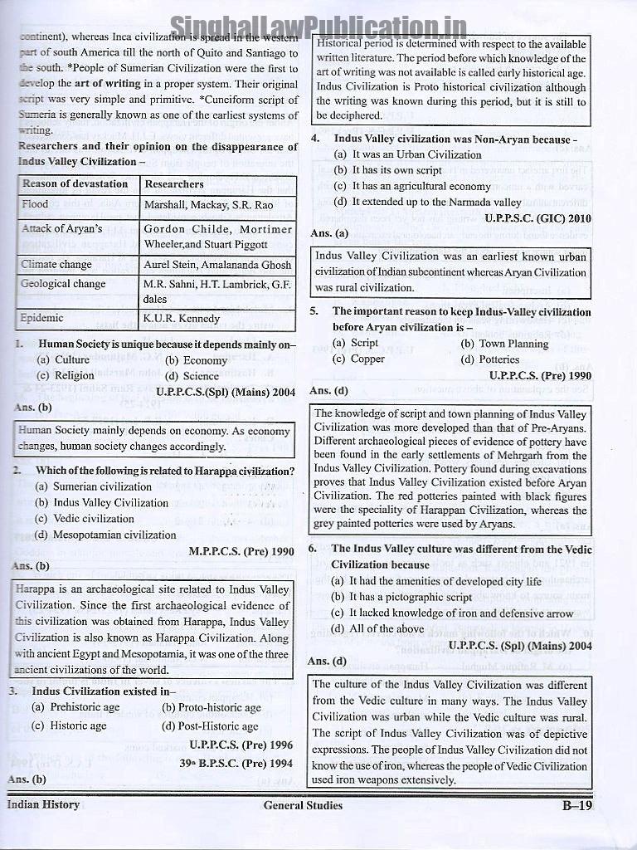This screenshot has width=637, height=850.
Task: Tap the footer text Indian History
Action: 44,804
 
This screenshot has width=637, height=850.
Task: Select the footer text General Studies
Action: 303,804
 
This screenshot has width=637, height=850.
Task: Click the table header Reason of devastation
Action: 75,183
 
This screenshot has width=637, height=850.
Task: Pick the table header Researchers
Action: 174,183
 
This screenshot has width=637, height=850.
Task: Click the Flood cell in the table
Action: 36,204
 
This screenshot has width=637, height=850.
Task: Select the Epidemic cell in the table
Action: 43,318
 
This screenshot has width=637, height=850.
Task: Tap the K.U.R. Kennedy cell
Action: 182,318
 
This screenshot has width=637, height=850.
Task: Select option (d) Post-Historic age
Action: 211,725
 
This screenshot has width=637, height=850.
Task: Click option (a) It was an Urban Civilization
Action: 407,154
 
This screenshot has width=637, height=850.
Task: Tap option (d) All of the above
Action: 377,628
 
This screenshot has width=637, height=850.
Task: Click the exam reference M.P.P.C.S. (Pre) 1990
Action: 241,550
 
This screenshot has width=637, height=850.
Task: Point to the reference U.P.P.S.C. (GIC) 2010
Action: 539,217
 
